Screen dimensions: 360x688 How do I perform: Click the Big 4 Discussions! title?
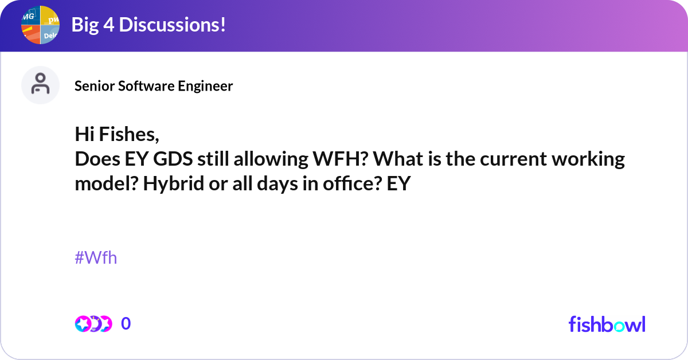tap(148, 25)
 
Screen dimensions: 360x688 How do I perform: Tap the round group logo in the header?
tap(41, 25)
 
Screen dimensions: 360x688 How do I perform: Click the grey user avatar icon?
tap(40, 85)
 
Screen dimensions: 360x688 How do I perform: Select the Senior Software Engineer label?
tap(154, 86)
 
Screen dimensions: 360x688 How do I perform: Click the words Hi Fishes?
tap(116, 134)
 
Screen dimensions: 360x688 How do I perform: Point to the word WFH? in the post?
tap(339, 159)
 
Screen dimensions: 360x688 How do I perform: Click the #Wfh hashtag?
tap(96, 258)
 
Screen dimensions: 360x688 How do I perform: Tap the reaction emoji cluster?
tap(93, 324)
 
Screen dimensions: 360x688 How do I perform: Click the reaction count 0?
tap(126, 324)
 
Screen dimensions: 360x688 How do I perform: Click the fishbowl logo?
tap(607, 324)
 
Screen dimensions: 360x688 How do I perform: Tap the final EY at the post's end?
tap(399, 184)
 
